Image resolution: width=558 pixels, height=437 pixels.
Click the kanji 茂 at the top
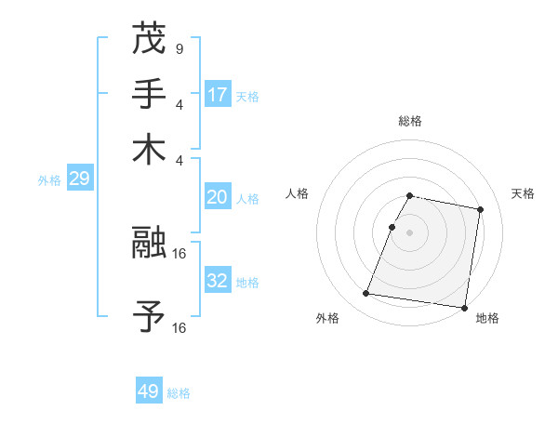149,38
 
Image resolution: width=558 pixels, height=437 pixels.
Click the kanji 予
149,316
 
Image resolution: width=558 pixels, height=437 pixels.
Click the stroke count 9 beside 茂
179,49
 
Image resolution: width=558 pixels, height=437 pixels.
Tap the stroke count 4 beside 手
179,104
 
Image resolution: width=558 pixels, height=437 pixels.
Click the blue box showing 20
218,196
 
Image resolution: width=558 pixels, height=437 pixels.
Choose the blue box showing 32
218,280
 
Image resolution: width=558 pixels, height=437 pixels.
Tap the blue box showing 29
79,179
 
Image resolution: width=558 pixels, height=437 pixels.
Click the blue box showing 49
149,391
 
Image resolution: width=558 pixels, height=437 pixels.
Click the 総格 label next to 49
179,393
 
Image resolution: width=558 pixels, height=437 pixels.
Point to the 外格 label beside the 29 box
49,180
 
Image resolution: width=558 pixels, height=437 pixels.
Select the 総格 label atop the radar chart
409,121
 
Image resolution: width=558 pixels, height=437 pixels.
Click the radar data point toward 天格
480,211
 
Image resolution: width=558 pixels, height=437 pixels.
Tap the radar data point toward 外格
366,294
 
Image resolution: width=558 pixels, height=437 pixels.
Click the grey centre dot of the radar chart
409,232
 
